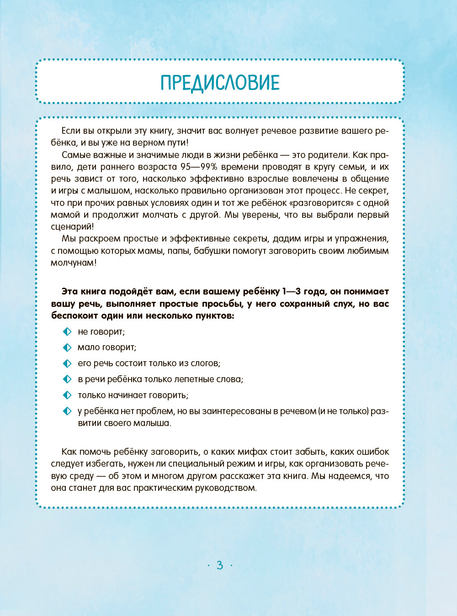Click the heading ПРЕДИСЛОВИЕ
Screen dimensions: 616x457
(220, 83)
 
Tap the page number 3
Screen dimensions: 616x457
(220, 565)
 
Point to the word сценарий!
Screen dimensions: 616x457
(73, 226)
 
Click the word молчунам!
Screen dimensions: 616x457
(74, 263)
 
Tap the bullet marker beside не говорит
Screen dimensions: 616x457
(67, 332)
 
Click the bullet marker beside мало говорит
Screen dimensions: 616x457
(67, 347)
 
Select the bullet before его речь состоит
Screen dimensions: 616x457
(67, 363)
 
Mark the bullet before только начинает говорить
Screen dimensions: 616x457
(67, 395)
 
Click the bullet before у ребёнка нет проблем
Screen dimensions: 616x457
(67, 411)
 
